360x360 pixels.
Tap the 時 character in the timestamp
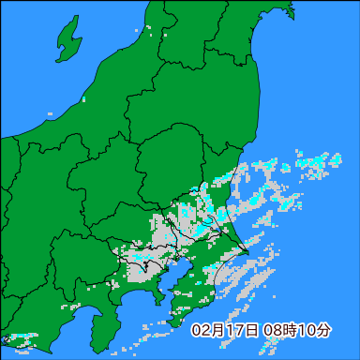284,330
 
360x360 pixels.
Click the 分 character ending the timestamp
323,330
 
